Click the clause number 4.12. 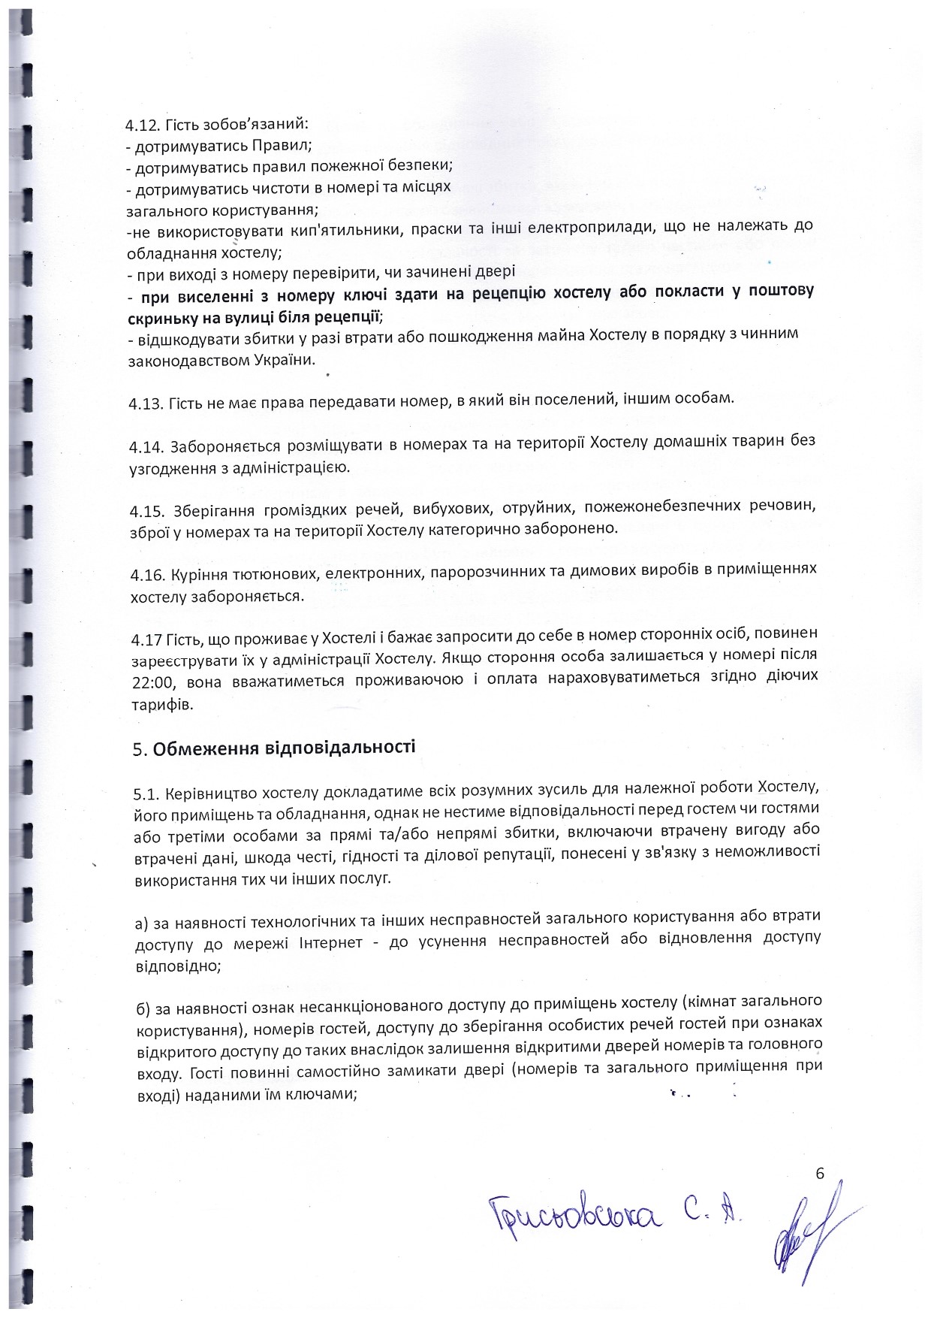coord(141,123)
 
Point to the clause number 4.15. coord(146,511)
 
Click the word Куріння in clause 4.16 coord(195,576)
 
